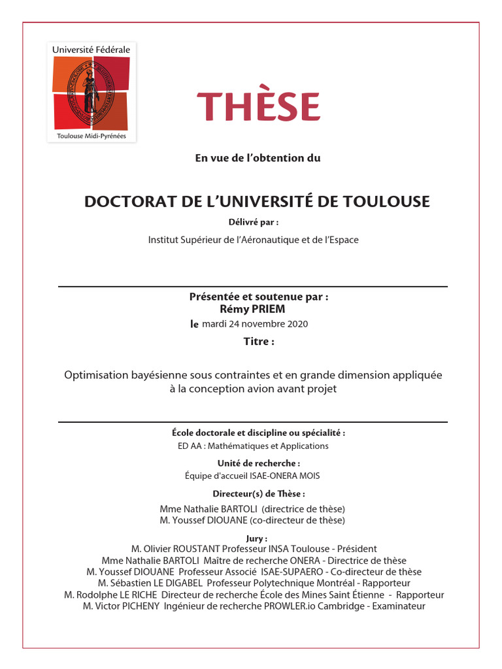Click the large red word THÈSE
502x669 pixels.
pyautogui.click(x=258, y=106)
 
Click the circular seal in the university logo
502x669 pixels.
pyautogui.click(x=91, y=91)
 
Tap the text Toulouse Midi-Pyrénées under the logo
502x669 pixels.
pyautogui.click(x=92, y=137)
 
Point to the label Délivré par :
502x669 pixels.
pyautogui.click(x=253, y=222)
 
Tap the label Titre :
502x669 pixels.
pyautogui.click(x=259, y=341)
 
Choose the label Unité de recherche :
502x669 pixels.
pyautogui.click(x=253, y=463)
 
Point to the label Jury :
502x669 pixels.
pyautogui.click(x=253, y=538)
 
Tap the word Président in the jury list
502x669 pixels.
pyautogui.click(x=355, y=549)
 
